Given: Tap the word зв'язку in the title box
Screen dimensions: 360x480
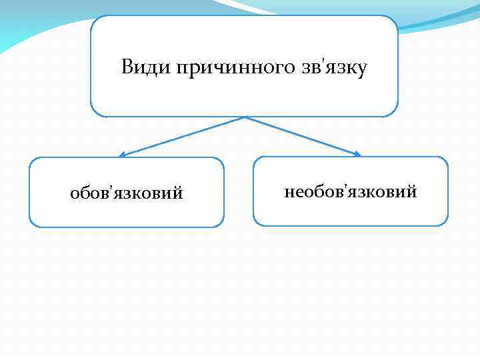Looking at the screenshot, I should [332, 68].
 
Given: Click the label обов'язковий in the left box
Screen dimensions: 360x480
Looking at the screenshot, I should [127, 193].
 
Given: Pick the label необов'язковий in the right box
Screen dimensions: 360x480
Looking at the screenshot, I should [351, 192].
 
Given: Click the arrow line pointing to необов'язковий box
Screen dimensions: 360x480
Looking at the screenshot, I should [303, 137].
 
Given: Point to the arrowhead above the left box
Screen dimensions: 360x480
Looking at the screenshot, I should [122, 155].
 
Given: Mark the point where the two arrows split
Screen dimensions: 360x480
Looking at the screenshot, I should [245, 118].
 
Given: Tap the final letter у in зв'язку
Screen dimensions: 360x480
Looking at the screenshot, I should [362, 69].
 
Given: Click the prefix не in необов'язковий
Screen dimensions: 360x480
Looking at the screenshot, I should [293, 193].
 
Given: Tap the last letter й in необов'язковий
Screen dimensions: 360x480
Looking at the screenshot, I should [412, 191].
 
